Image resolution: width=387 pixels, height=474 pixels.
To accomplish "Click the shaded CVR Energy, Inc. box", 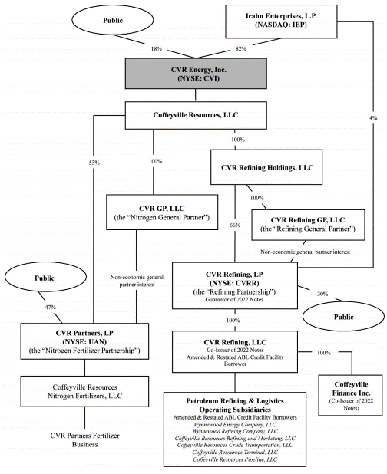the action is (196, 74).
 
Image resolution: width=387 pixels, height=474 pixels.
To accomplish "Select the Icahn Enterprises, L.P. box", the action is (281, 21).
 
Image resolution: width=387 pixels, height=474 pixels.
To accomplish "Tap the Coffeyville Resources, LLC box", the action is (196, 115).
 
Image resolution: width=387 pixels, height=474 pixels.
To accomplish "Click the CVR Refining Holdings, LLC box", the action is (266, 167).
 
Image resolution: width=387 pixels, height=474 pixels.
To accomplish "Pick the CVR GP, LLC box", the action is (162, 212).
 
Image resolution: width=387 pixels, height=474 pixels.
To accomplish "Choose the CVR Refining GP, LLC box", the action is (308, 225).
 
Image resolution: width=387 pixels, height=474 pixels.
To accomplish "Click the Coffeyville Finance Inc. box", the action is (350, 396).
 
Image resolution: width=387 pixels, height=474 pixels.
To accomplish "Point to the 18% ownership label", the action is (157, 48).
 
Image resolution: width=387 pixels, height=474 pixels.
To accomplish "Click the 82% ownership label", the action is (241, 48).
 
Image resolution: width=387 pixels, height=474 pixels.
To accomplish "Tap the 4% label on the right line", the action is (373, 118).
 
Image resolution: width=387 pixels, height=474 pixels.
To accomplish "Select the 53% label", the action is (94, 163).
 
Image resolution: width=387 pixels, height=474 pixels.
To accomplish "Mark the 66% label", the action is (235, 225).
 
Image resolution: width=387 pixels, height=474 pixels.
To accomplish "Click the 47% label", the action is (51, 307).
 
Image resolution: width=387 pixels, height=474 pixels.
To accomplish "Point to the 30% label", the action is (322, 294).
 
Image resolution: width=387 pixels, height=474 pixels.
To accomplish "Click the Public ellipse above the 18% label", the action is (113, 20).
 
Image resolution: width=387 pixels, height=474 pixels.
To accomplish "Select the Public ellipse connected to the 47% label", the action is (45, 277).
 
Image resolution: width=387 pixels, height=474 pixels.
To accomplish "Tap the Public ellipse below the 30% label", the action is (343, 316).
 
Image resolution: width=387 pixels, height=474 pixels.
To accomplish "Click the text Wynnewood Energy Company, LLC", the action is (235, 424).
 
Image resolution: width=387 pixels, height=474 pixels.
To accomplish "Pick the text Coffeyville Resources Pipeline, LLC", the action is (235, 459).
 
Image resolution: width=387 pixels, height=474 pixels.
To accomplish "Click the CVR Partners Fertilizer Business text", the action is (84, 439).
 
